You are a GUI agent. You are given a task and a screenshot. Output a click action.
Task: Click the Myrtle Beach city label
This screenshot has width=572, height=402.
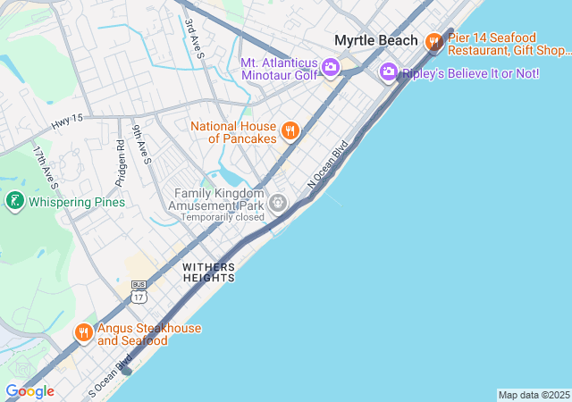coord(375,40)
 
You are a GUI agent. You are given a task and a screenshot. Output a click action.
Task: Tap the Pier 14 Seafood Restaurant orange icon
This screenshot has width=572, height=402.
coord(434,41)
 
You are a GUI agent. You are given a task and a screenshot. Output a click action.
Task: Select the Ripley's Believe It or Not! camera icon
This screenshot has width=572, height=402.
coord(388,71)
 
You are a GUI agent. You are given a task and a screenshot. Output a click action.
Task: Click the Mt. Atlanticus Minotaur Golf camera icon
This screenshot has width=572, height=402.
coord(330,67)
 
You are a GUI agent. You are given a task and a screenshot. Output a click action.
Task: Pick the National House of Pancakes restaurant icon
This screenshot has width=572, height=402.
coord(290,132)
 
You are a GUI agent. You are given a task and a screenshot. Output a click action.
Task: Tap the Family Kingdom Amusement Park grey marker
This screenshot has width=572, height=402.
coord(279,205)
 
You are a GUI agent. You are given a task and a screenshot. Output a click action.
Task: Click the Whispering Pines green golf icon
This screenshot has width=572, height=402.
coord(14,202)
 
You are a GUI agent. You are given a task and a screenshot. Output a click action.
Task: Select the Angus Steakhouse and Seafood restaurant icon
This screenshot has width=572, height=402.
coord(84,333)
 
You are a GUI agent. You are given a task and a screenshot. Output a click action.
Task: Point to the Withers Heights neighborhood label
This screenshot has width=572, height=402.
coord(208,272)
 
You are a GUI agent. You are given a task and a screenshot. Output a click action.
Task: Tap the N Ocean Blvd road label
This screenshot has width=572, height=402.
coord(327,168)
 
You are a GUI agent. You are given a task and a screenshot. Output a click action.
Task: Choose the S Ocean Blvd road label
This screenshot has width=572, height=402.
coord(111,376)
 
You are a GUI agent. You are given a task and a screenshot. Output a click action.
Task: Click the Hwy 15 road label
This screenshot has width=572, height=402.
coord(67,118)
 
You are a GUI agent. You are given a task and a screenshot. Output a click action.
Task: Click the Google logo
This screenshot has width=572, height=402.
coord(29,391)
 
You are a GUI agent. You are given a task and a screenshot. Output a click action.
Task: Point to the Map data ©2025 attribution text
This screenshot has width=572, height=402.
coord(533,395)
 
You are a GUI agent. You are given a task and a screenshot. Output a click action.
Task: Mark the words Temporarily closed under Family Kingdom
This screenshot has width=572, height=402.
coord(222,217)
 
